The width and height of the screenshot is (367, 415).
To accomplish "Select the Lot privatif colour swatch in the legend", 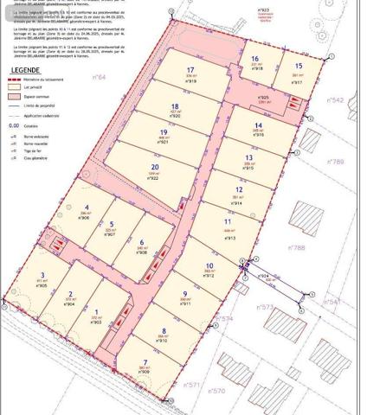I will coord(12,87).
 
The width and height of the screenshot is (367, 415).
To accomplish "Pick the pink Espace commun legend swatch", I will coord(12,98).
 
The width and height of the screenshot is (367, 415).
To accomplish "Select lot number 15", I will coord(298,66).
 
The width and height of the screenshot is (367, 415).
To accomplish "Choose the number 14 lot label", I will coord(258,124).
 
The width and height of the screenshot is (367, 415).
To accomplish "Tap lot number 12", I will coord(239,189).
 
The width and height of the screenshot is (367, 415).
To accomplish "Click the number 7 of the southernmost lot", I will coord(145,362).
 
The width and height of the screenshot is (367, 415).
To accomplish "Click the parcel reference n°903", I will coord(96,322).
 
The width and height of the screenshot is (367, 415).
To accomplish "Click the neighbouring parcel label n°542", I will coord(337,100).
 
